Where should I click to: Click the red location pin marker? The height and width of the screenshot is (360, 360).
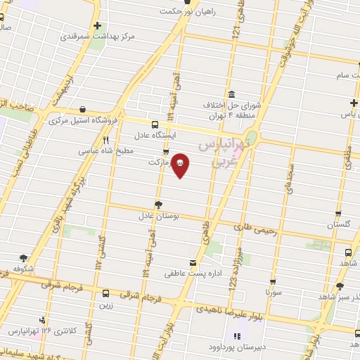coord(181,164)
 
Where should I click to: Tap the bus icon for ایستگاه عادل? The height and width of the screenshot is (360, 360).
coord(155,124)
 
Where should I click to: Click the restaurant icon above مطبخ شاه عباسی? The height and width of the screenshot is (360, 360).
coord(105,140)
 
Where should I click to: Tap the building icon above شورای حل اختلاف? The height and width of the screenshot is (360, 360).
coord(231,94)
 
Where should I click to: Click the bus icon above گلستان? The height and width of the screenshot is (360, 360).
coord(338,214)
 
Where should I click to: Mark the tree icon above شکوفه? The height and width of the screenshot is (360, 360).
coord(24,257)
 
